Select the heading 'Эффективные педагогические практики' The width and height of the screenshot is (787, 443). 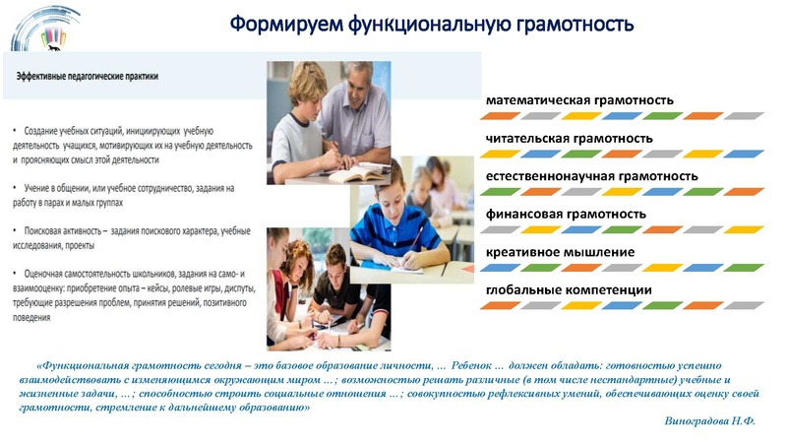click(87, 76)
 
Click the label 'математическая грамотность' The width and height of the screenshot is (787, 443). click(579, 100)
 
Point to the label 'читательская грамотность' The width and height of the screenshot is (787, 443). click(569, 139)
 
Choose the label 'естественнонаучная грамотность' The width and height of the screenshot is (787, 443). click(592, 176)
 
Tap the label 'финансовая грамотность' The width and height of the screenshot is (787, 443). click(566, 214)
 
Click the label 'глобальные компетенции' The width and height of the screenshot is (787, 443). click(569, 289)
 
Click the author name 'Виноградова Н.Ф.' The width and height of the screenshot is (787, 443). click(710, 420)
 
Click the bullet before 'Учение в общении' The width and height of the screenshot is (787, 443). click(15, 187)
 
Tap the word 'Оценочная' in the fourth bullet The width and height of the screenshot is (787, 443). click(48, 271)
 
